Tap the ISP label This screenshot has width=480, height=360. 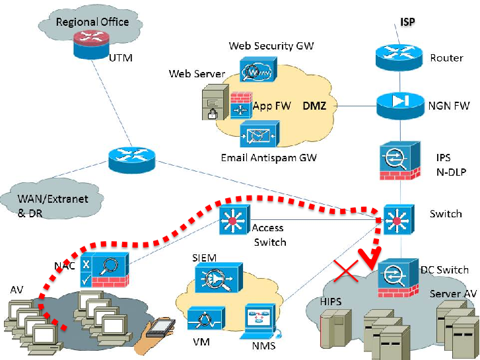[x=408, y=22]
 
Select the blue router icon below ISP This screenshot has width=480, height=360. [x=399, y=57]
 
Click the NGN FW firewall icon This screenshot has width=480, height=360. [x=400, y=106]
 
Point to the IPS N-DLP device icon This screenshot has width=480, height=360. [x=400, y=161]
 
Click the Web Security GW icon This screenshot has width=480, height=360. [x=258, y=69]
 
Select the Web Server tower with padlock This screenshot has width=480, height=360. [x=215, y=102]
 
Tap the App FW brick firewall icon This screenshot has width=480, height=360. [x=241, y=106]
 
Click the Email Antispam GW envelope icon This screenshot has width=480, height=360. [x=259, y=134]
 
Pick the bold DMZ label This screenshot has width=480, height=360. [x=314, y=106]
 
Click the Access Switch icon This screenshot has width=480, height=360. [x=234, y=220]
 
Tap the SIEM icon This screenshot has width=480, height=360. [x=219, y=277]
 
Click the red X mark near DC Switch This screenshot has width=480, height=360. [x=346, y=271]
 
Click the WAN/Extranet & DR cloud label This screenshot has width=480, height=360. [x=53, y=206]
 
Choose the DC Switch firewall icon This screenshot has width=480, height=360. [x=398, y=277]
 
